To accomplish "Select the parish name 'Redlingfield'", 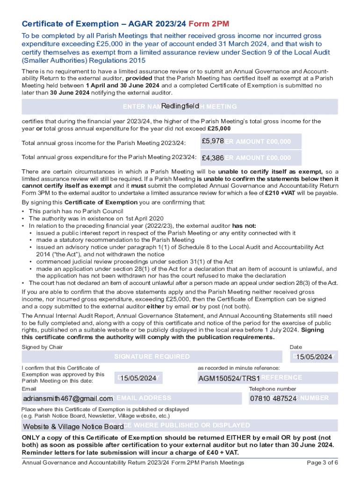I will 180,106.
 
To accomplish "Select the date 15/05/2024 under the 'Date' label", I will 314,357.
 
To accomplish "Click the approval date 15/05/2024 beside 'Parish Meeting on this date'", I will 138,377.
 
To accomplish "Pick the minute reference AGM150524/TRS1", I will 229,377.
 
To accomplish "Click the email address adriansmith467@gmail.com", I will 68,399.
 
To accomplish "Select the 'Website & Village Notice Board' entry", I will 73,427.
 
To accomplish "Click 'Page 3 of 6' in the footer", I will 322,463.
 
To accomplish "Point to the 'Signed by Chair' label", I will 42,347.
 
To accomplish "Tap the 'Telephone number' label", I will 272,389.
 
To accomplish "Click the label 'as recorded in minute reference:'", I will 239,368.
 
